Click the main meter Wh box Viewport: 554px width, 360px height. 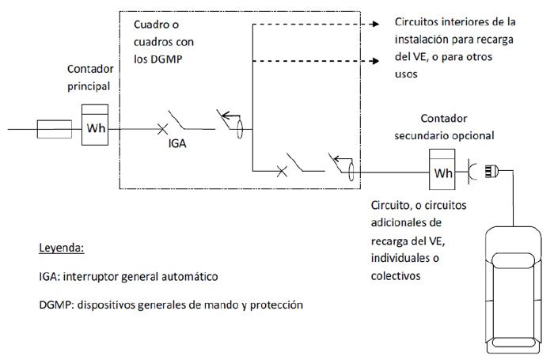[x=95, y=125]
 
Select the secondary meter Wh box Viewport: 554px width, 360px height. [x=442, y=169]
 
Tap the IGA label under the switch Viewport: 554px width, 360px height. [x=177, y=143]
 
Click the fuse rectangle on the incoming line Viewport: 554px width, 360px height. [x=55, y=129]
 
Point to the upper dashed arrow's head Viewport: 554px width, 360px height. [x=374, y=24]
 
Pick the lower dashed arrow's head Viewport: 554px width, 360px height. [x=374, y=61]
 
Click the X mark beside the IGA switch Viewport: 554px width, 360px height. [x=162, y=129]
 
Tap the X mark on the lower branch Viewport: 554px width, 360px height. [x=282, y=172]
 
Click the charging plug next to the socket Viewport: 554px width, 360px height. [x=491, y=172]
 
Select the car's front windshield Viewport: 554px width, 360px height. [x=513, y=261]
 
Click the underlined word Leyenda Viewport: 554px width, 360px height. [x=62, y=248]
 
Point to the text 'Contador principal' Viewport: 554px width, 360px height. [x=90, y=78]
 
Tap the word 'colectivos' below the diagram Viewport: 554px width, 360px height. [x=396, y=275]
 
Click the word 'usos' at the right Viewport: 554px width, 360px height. [x=406, y=74]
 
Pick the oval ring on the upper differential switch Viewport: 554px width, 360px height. [x=240, y=129]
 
